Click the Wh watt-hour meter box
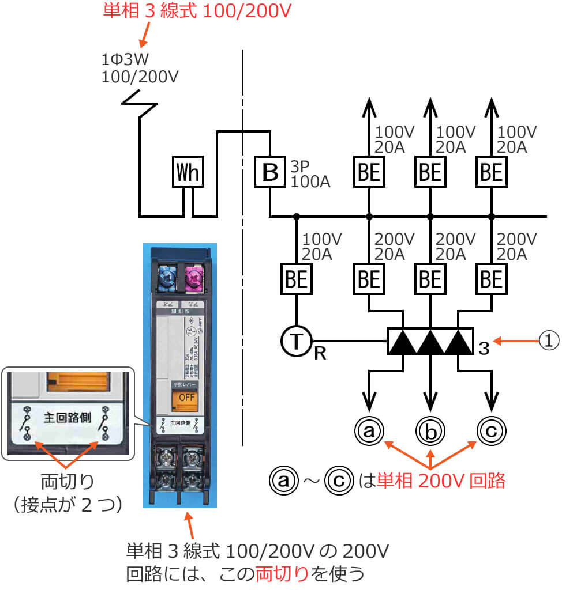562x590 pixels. click(189, 172)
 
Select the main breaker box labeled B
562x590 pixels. click(270, 172)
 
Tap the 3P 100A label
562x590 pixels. click(310, 174)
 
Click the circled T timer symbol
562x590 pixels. click(297, 342)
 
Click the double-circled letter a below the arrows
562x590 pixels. click(369, 430)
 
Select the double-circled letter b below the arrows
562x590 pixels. click(430, 430)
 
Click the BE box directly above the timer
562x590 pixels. click(297, 279)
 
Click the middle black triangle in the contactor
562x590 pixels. click(430, 342)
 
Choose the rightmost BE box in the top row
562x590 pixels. click(492, 172)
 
